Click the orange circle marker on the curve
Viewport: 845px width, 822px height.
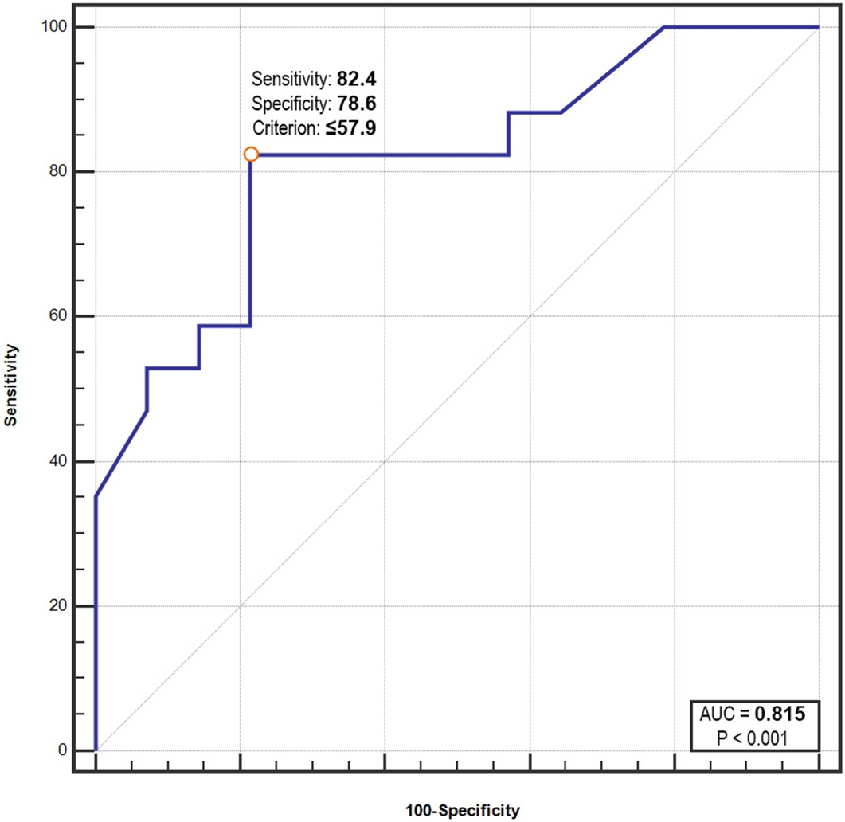pyautogui.click(x=251, y=154)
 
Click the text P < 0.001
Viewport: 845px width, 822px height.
pyautogui.click(x=752, y=738)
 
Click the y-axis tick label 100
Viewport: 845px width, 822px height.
pyautogui.click(x=53, y=27)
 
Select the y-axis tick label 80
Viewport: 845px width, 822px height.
pyautogui.click(x=57, y=172)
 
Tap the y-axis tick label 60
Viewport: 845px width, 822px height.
pyautogui.click(x=57, y=316)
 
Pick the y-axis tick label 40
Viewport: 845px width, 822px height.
pyautogui.click(x=57, y=461)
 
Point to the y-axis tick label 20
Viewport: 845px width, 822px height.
pyautogui.click(x=57, y=606)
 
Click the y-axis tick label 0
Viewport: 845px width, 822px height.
pyautogui.click(x=61, y=750)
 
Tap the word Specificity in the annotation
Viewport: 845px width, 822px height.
pyautogui.click(x=281, y=103)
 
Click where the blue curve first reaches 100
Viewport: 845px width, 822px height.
pyautogui.click(x=664, y=27)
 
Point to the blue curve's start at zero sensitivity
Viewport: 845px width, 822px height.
pyautogui.click(x=96, y=750)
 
